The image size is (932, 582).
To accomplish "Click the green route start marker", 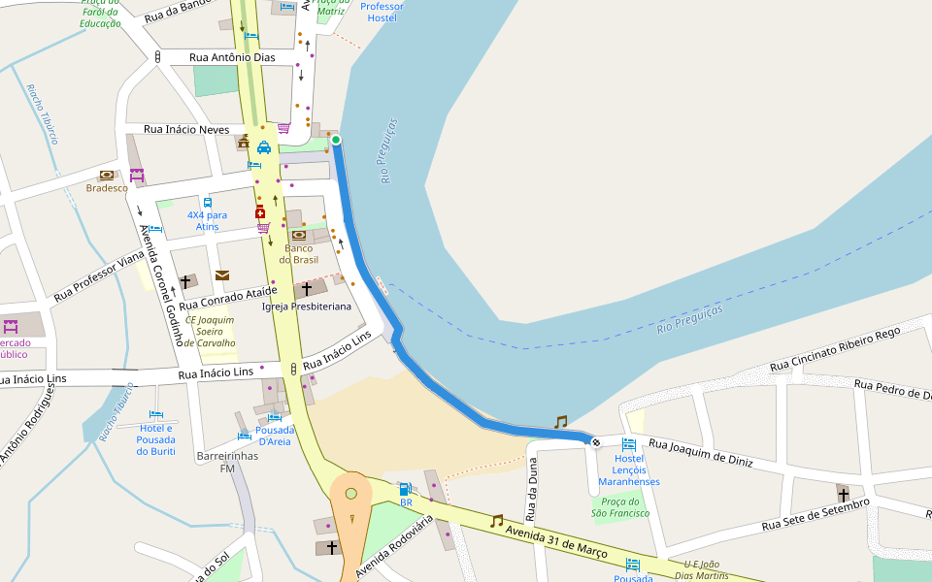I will pos(336,141).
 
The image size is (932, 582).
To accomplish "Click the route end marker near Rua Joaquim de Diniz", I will pos(595,442).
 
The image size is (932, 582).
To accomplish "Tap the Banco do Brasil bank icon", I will pos(299,235).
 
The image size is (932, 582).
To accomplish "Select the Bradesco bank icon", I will pos(107,176).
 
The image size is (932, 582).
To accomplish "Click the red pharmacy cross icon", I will pos(260,212).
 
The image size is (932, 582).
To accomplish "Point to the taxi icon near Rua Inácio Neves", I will pos(264,148).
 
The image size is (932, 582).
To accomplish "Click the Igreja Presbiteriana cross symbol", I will pos(307,289).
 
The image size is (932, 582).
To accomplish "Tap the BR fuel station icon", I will pos(405,489).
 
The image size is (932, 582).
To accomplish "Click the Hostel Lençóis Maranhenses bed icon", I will pos(629,444).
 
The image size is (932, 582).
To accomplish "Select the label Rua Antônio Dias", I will pos(232,58).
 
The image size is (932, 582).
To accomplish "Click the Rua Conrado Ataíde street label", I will pos(228,299).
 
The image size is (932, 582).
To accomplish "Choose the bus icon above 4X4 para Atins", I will pos(208,203).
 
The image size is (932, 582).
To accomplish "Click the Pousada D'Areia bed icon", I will pos(274,417).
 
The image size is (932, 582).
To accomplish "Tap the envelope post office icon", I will pos(222,275).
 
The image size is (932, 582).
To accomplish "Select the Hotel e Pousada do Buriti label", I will pos(156,439).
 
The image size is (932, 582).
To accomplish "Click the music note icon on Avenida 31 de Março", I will pos(497,521).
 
